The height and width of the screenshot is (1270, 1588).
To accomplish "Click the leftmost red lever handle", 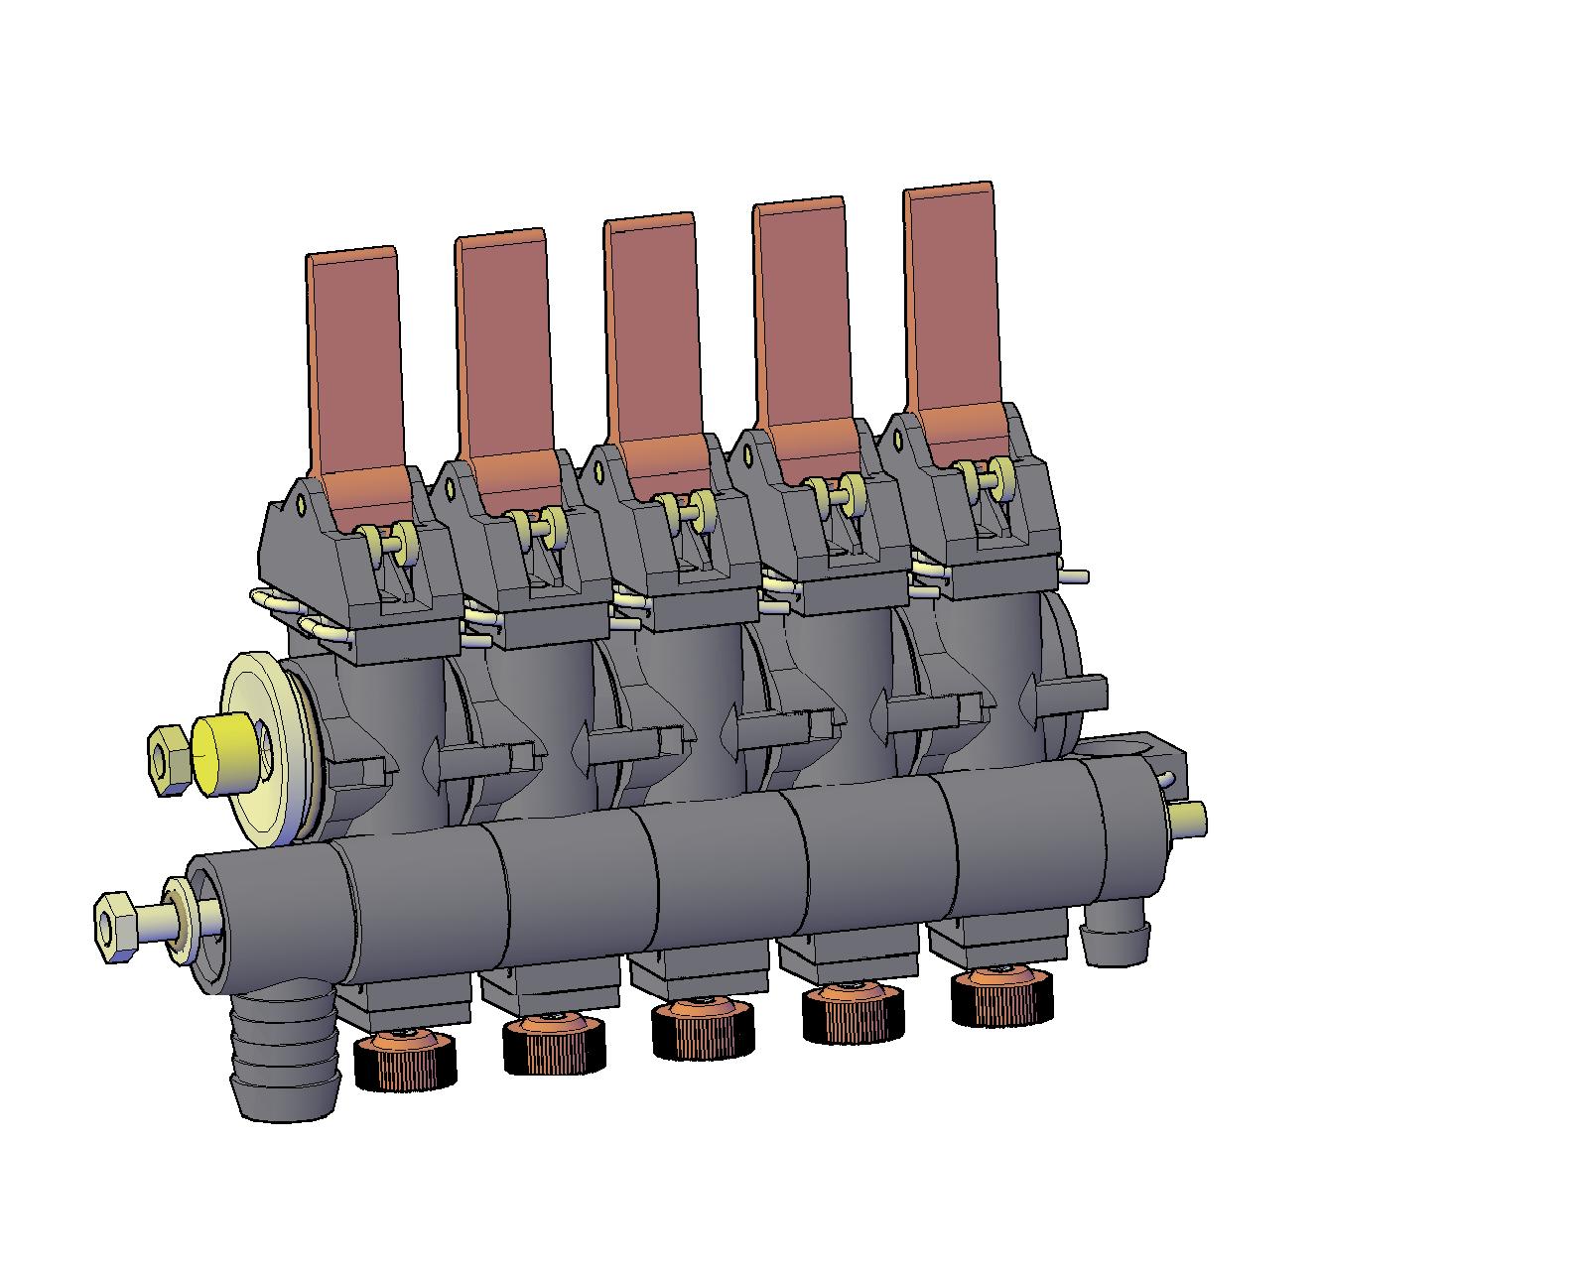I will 355,367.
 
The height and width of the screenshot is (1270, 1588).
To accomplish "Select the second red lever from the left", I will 504,347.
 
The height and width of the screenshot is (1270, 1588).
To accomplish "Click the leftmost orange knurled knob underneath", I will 405,1063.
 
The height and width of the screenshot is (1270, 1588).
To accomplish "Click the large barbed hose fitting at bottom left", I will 283,1062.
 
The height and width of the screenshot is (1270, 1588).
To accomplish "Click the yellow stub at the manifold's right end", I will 1187,819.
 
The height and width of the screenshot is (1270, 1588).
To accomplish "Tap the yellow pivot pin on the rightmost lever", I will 988,477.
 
